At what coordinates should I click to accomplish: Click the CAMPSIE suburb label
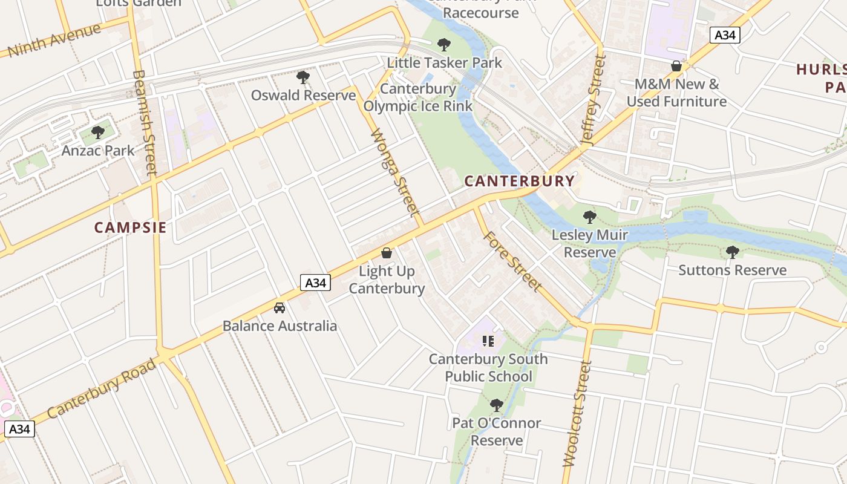(x=130, y=227)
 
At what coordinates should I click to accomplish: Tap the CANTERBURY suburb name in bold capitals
(x=520, y=181)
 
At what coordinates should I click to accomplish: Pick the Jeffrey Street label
(x=593, y=99)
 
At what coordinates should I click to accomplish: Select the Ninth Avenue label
(x=54, y=41)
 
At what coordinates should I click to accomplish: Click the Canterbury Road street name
(x=101, y=388)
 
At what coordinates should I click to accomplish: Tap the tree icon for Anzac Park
(x=98, y=132)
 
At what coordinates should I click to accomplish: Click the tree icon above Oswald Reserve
(x=303, y=77)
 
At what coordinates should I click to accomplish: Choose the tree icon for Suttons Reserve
(x=733, y=252)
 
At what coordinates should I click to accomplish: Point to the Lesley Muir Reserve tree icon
(x=590, y=217)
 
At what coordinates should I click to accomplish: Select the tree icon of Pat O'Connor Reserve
(x=497, y=405)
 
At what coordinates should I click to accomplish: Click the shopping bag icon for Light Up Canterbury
(x=387, y=253)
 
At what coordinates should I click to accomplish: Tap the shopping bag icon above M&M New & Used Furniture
(x=676, y=66)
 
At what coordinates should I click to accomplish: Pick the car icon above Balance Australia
(x=280, y=308)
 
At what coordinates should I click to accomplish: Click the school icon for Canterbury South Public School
(x=488, y=341)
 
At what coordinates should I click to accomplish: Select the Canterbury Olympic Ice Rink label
(x=418, y=97)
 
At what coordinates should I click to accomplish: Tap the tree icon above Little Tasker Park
(x=444, y=44)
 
